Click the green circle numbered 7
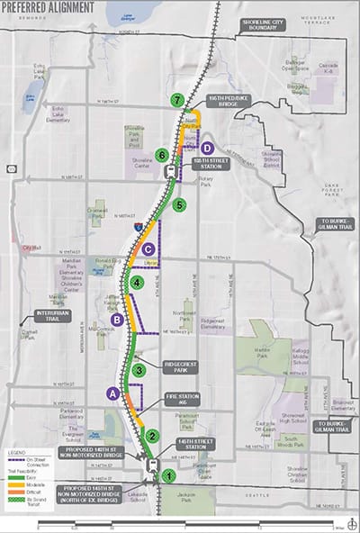(x=179, y=100)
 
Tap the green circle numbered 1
(x=166, y=474)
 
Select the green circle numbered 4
(x=137, y=283)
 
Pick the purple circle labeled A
(x=112, y=393)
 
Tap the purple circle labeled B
(x=116, y=319)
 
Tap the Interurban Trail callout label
(x=51, y=315)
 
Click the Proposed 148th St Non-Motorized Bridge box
(x=94, y=454)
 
